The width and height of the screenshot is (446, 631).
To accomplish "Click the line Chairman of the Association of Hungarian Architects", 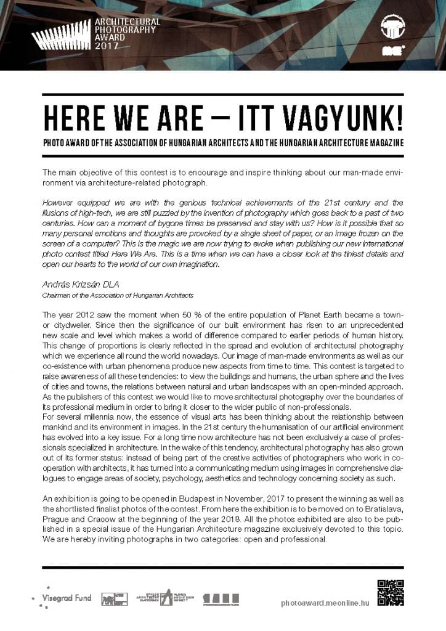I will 118,296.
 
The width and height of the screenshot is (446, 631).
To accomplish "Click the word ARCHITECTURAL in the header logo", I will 127,22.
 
